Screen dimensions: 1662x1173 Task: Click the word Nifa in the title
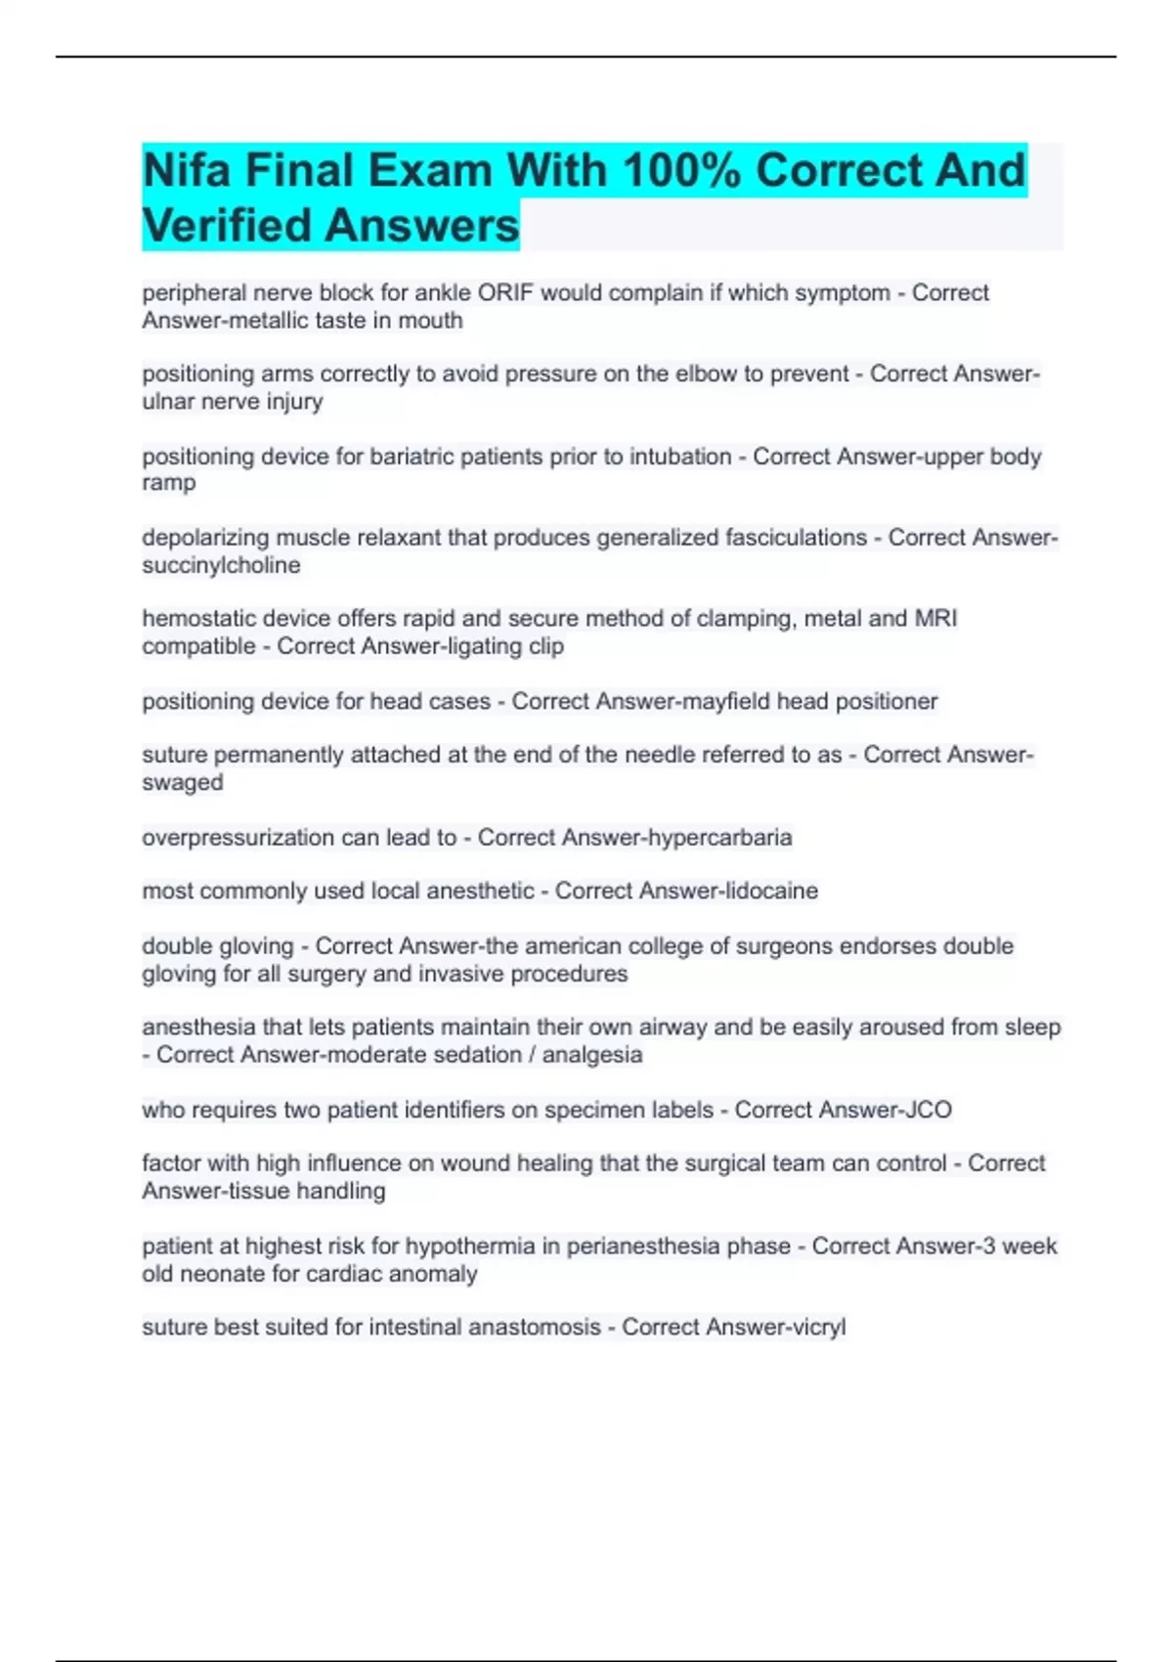(x=187, y=170)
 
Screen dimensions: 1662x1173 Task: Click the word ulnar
(x=168, y=402)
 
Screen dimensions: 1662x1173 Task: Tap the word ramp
(x=169, y=483)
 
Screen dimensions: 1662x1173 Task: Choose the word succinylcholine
(x=221, y=565)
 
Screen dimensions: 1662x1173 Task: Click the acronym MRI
(x=935, y=619)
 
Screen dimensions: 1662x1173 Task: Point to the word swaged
(x=183, y=783)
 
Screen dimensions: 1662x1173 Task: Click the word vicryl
(x=819, y=1328)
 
